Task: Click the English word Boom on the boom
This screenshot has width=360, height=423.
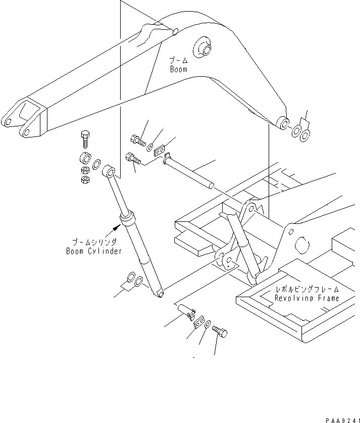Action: click(x=178, y=69)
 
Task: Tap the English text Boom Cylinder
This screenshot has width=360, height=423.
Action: click(x=93, y=251)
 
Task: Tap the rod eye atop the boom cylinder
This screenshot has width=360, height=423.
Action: click(x=110, y=172)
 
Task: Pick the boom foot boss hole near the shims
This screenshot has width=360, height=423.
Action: click(x=283, y=122)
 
